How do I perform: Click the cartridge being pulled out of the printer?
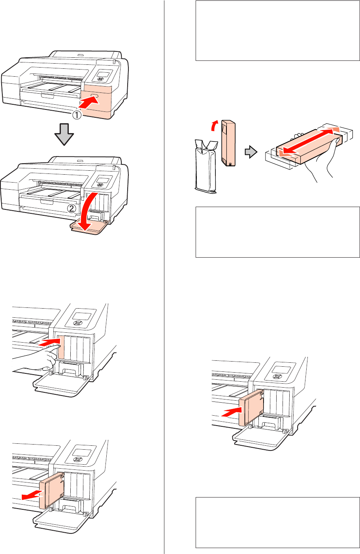52,490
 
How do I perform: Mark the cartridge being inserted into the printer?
252,407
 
